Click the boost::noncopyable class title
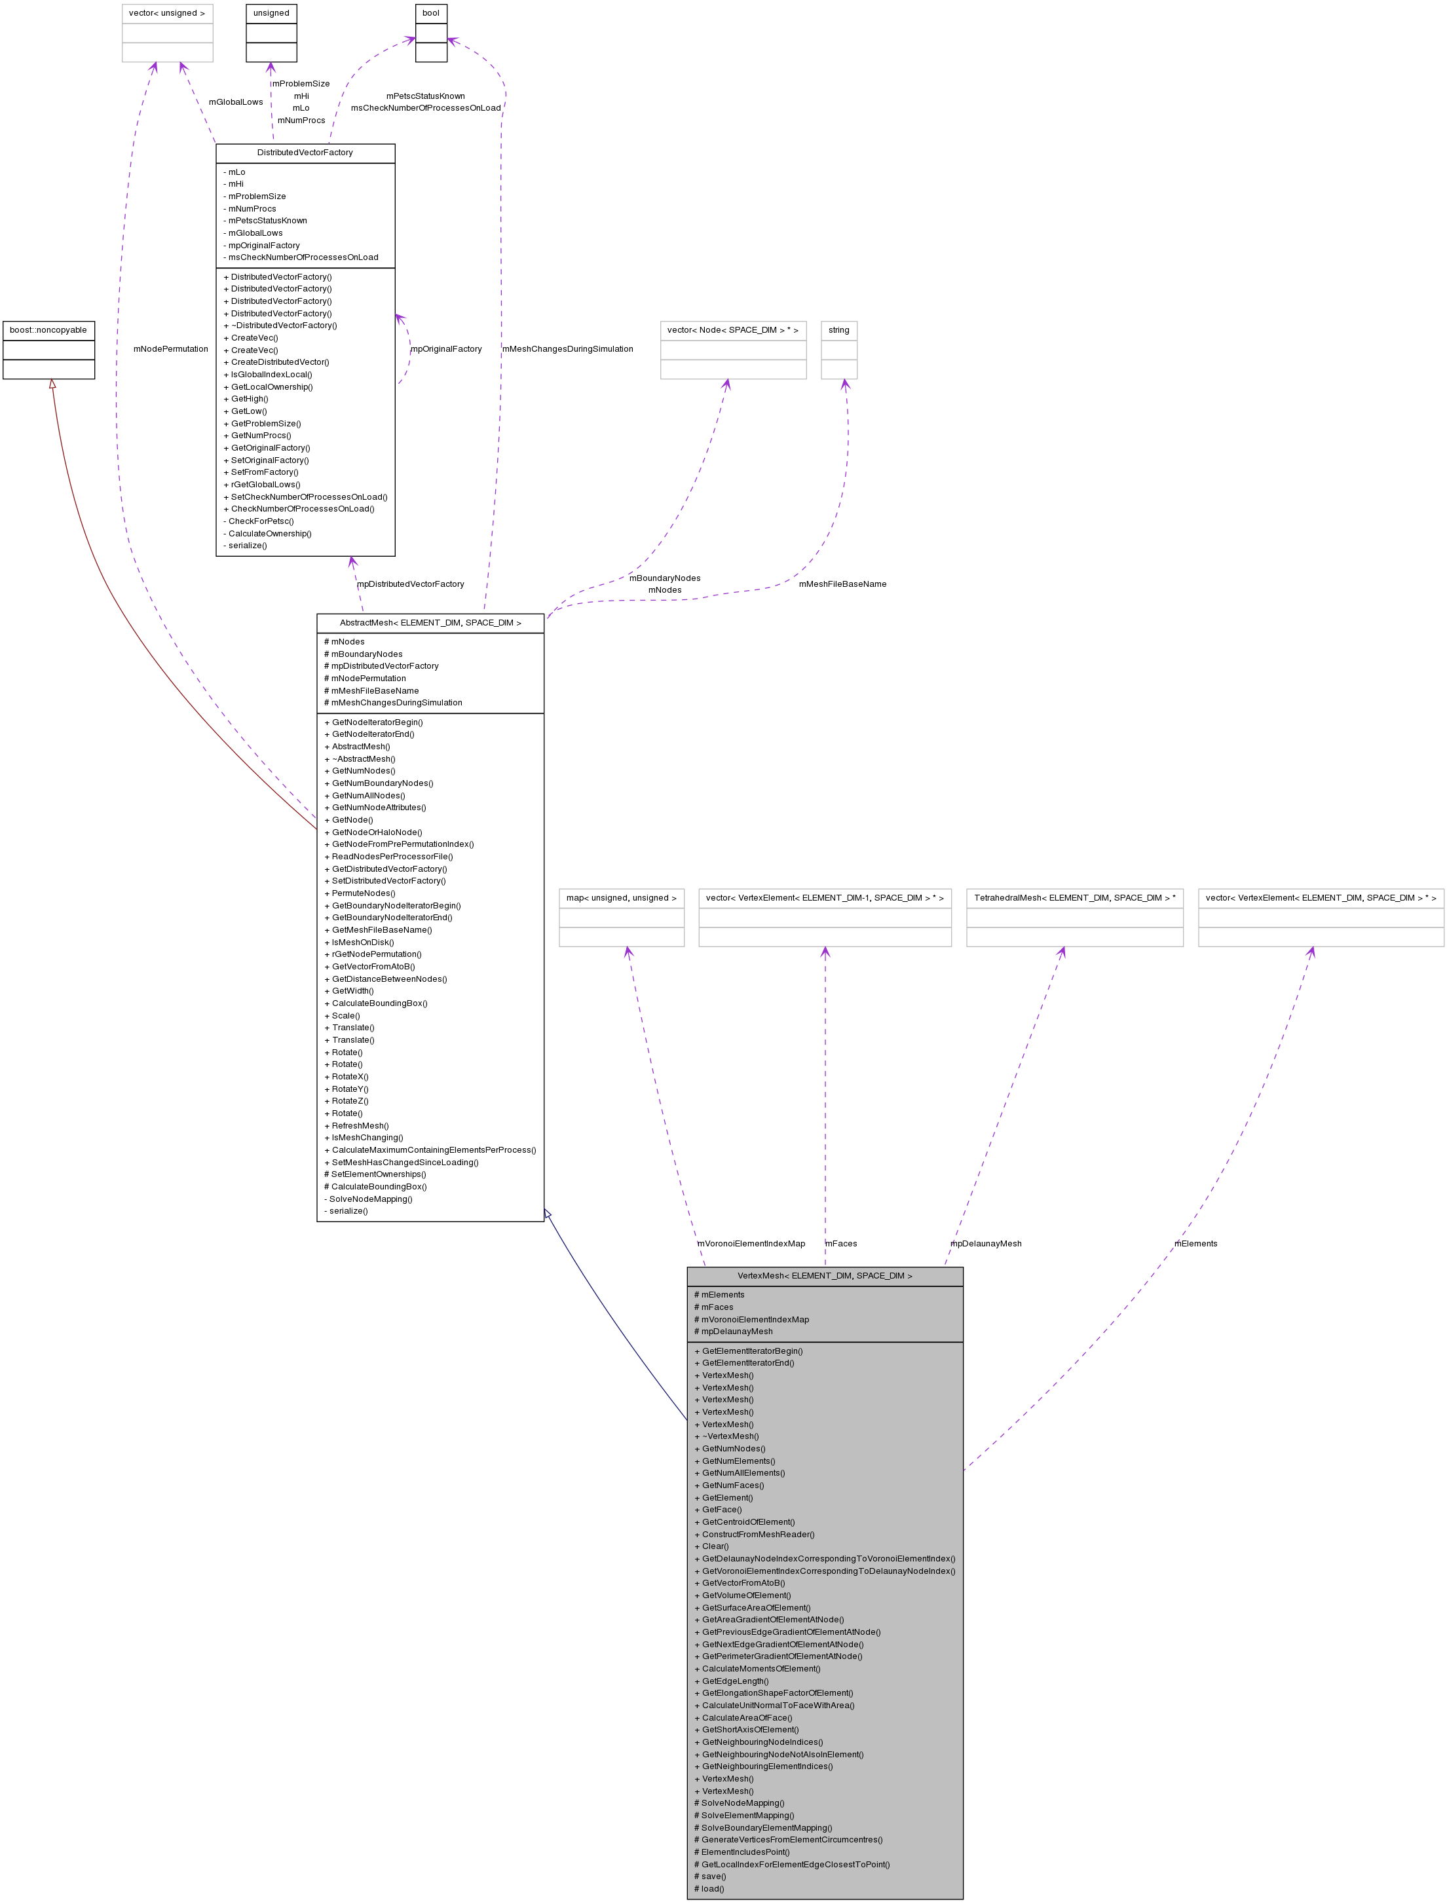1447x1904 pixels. point(48,330)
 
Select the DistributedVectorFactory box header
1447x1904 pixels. point(305,153)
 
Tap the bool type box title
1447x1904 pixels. point(430,13)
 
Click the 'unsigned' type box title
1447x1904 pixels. point(271,13)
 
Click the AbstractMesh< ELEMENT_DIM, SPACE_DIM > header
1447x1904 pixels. point(430,623)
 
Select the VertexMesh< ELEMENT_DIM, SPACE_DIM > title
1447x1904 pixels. point(824,1275)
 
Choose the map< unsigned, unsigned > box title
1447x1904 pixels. point(621,897)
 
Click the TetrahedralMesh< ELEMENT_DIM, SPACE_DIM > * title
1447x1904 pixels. point(1074,897)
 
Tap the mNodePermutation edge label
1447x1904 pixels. point(170,348)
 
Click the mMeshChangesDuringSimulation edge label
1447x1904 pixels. point(568,348)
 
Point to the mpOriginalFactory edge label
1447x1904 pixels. point(446,348)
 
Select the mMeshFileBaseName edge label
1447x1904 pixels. point(842,584)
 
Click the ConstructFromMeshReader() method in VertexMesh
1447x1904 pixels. point(758,1534)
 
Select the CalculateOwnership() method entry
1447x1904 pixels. point(270,533)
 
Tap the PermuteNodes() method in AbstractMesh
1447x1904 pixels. point(364,893)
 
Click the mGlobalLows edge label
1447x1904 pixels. point(235,102)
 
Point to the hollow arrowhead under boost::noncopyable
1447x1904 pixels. point(52,384)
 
